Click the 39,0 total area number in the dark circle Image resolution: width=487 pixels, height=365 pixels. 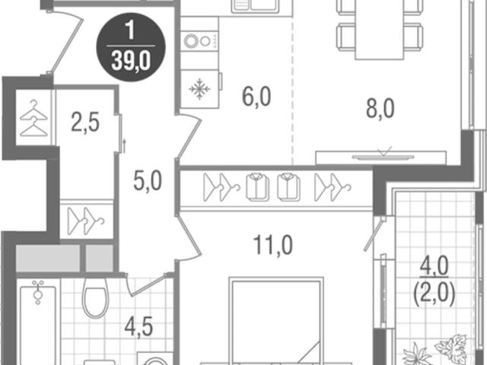(x=131, y=61)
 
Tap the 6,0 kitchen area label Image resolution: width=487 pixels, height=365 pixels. (x=256, y=97)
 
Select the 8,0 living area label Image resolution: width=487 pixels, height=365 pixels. (x=380, y=109)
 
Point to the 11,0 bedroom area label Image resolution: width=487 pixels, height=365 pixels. (x=272, y=245)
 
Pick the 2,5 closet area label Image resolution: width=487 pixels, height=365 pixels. (x=85, y=122)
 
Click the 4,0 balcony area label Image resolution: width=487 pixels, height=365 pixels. (x=434, y=266)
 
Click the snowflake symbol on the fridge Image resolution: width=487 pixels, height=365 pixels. (x=199, y=89)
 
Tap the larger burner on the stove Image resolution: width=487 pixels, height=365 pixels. (x=191, y=40)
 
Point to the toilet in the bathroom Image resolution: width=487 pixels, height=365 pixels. (x=95, y=299)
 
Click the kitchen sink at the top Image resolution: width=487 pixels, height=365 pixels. (x=262, y=7)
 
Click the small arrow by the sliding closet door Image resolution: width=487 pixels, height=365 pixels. (x=124, y=146)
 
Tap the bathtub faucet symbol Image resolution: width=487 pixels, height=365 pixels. (x=38, y=292)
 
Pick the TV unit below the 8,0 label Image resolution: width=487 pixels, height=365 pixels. (x=381, y=157)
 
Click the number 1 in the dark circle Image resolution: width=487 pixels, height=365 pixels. (x=130, y=31)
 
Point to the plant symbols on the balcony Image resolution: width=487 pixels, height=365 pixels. (x=434, y=350)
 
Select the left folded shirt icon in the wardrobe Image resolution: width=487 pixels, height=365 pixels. (x=257, y=187)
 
